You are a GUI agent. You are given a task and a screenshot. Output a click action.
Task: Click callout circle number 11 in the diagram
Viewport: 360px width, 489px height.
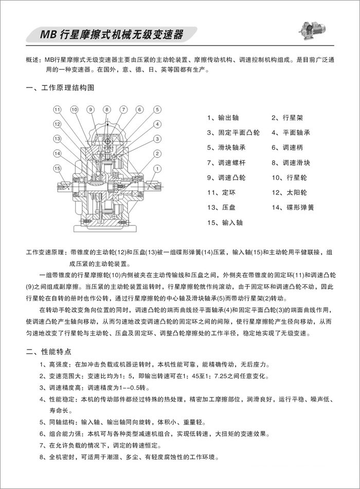[x=58, y=110]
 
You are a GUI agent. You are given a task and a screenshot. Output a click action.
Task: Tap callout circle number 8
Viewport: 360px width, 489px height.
[x=106, y=110]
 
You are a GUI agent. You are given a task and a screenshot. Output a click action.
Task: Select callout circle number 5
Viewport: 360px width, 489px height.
[x=156, y=110]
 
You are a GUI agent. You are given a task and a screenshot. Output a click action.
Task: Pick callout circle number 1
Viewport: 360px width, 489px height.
[x=156, y=168]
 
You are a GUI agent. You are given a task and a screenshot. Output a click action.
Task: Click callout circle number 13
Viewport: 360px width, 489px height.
[x=58, y=139]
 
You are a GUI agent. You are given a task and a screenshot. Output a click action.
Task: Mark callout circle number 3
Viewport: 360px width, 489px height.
[x=156, y=139]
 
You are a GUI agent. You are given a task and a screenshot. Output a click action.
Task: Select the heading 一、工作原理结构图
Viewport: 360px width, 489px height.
[x=60, y=88]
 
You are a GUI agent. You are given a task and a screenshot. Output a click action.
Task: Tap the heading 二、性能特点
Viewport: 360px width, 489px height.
[x=51, y=353]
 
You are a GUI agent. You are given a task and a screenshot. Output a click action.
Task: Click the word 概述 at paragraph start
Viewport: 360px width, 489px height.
[x=33, y=60]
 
